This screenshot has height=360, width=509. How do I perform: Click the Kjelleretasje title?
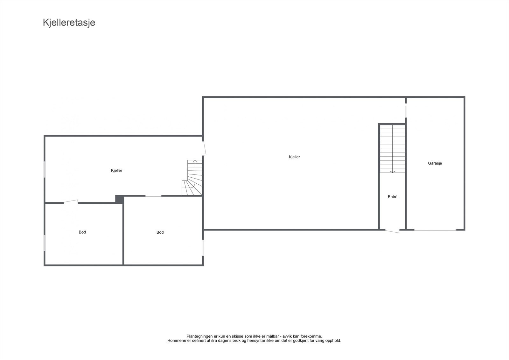(69, 23)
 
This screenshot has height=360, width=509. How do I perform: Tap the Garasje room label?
(435, 163)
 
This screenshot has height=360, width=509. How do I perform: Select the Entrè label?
(393, 197)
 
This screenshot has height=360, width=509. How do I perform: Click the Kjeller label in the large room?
(294, 157)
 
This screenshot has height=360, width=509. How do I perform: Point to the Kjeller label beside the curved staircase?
(116, 171)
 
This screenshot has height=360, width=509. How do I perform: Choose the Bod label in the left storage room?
(82, 232)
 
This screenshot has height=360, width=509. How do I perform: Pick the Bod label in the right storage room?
(160, 232)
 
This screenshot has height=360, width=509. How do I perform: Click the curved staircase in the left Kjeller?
(192, 180)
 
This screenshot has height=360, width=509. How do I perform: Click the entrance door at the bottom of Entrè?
(392, 230)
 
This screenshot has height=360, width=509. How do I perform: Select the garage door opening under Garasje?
(435, 229)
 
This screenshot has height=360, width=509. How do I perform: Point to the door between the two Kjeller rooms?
(204, 148)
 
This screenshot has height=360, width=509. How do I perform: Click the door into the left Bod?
(71, 201)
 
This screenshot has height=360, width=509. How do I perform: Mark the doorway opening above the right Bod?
(153, 196)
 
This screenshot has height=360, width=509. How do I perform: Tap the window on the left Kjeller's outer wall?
(45, 169)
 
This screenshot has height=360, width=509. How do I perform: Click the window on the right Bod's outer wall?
(203, 247)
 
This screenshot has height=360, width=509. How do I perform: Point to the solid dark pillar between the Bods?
(119, 199)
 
